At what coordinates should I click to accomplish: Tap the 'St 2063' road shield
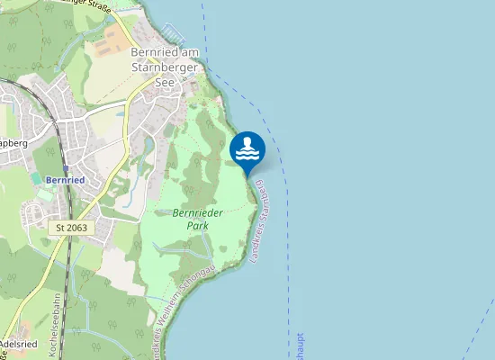point(72,229)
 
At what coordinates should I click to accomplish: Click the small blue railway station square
point(66,167)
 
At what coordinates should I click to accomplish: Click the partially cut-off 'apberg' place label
point(13,142)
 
